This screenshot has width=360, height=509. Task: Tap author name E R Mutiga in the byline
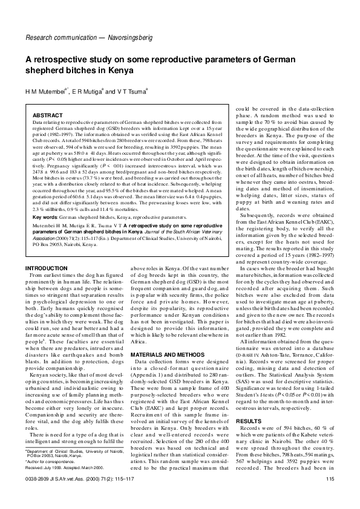pyautogui.click(x=96, y=91)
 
